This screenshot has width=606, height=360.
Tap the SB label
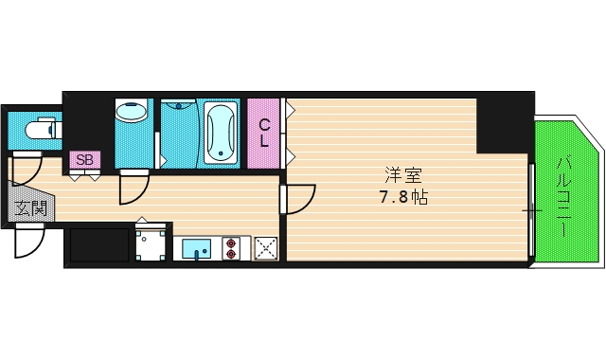pos(84,159)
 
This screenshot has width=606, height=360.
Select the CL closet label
pos(264,132)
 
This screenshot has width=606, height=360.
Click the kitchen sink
pos(199,249)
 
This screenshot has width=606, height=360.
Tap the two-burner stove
pos(231,248)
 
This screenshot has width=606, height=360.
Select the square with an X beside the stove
pos(265,248)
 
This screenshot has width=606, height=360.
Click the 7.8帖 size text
pos(402,199)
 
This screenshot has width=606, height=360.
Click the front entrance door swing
pos(27,243)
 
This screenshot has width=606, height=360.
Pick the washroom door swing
pos(134,188)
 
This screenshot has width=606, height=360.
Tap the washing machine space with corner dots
pos(151,245)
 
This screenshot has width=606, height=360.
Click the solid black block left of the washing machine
pos(100,245)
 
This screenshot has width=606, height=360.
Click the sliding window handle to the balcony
pos(530,208)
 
